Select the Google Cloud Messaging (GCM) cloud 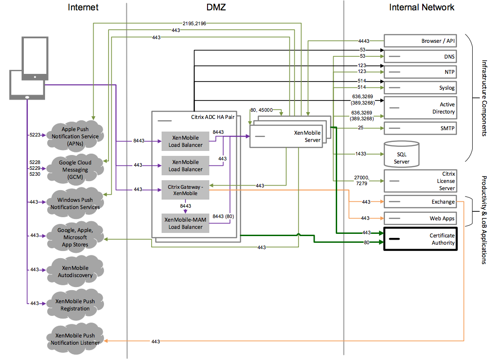75,170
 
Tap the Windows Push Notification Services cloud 75,203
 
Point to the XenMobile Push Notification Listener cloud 75,339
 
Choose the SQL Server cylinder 402,154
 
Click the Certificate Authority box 420,239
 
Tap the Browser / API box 420,41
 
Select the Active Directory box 420,108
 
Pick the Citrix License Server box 420,181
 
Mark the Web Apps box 420,219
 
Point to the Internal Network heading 422,7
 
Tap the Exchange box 420,202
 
